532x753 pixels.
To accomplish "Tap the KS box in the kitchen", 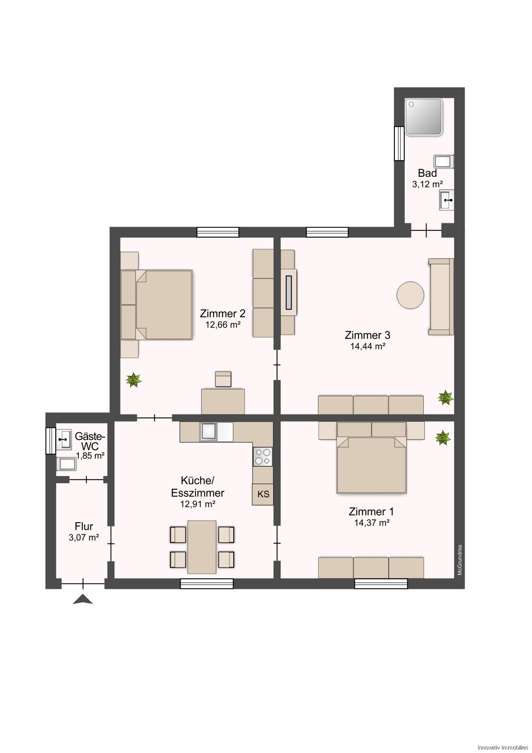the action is pyautogui.click(x=263, y=494).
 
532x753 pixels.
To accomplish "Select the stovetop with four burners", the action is pyautogui.click(x=262, y=456).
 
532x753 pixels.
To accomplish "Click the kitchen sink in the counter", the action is pyautogui.click(x=209, y=431).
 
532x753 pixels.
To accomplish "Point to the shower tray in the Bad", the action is pyautogui.click(x=424, y=117).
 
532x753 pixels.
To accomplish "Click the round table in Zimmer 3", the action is pyautogui.click(x=410, y=295).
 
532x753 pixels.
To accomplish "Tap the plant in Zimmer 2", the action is pyautogui.click(x=133, y=380).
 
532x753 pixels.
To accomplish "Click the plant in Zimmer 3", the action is pyautogui.click(x=445, y=398).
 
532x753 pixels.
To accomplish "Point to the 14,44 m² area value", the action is pyautogui.click(x=367, y=346).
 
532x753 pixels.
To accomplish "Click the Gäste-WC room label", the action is pyautogui.click(x=90, y=441).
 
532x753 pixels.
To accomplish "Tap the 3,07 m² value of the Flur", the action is pyautogui.click(x=84, y=537).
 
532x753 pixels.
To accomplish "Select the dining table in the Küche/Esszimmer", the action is pyautogui.click(x=202, y=547).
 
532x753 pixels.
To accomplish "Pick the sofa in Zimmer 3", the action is pyautogui.click(x=441, y=297).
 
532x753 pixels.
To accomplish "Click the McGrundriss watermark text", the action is pyautogui.click(x=460, y=560).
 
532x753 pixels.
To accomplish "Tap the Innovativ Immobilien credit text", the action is pyautogui.click(x=503, y=747).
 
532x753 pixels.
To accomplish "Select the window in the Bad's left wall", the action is pyautogui.click(x=399, y=143).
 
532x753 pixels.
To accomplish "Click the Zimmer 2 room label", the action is pyautogui.click(x=223, y=313).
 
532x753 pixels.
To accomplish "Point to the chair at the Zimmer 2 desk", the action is pyautogui.click(x=223, y=379).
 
